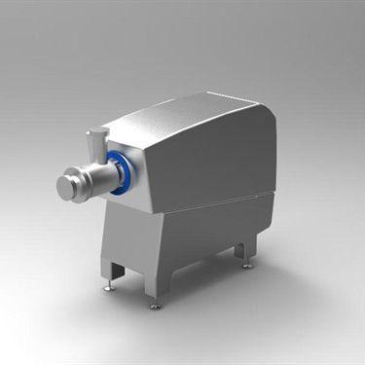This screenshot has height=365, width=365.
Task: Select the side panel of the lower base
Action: [209, 238]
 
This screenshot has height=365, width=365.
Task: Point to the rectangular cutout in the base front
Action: [116, 268]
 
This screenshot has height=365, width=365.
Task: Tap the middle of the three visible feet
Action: [156, 305]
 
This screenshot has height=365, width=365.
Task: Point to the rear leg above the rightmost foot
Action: [244, 251]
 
